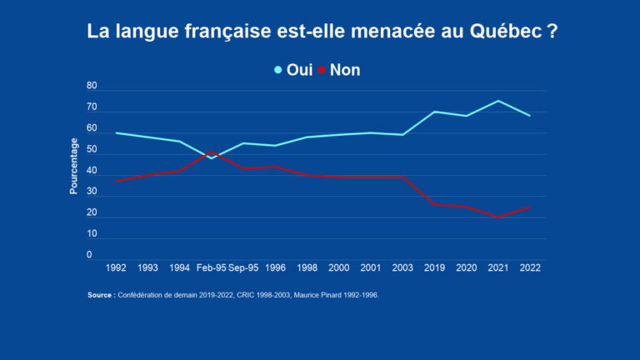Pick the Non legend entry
tap(344, 70)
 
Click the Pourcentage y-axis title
tap(73, 167)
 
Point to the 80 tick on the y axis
tap(92, 87)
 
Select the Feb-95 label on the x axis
tap(212, 268)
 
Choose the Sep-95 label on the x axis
tap(243, 268)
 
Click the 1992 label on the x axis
tap(117, 268)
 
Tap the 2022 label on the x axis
tap(530, 268)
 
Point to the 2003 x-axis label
tap(402, 268)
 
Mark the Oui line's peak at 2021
tap(498, 101)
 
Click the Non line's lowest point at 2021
tap(498, 217)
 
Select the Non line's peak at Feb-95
tap(212, 152)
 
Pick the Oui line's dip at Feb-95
tap(212, 158)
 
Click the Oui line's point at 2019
tap(434, 112)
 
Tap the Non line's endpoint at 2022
tap(530, 207)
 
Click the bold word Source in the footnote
tap(101, 295)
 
